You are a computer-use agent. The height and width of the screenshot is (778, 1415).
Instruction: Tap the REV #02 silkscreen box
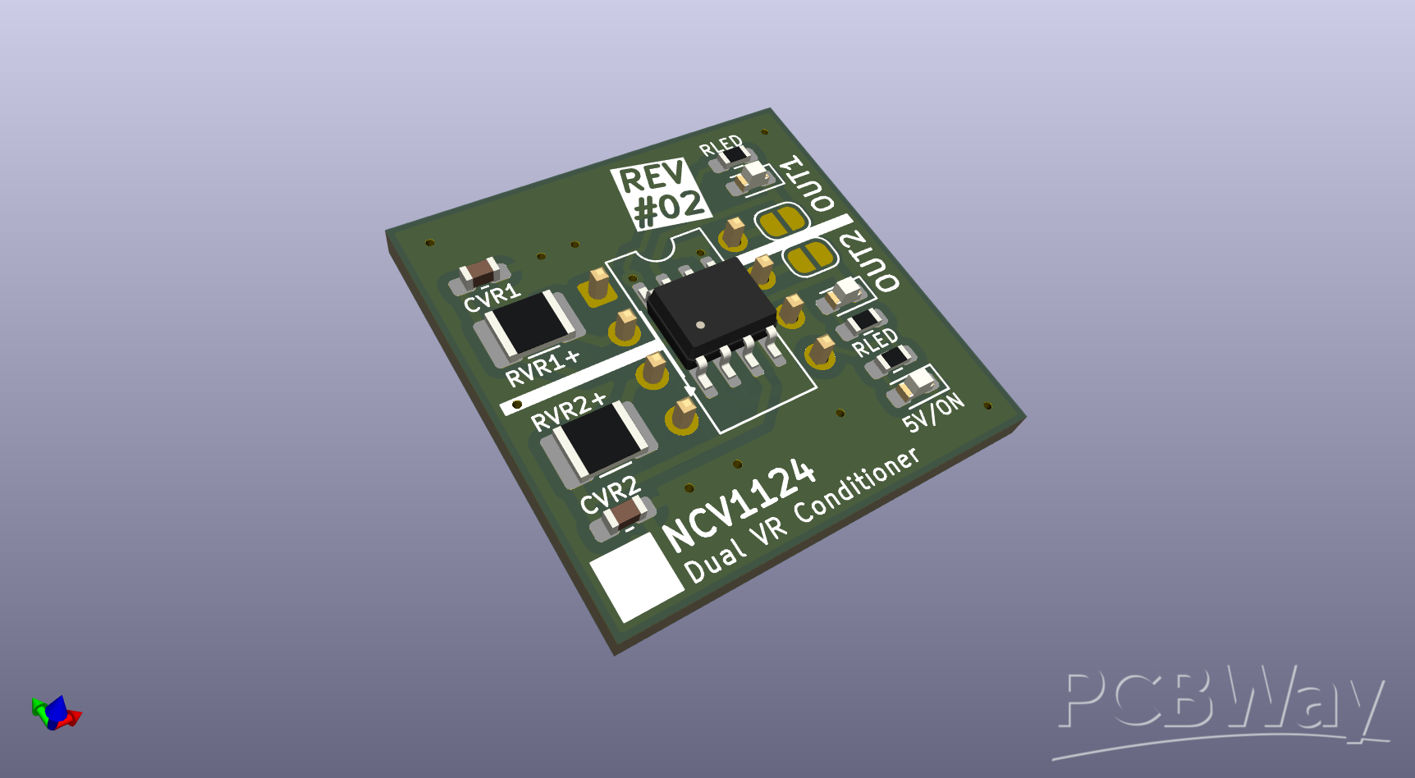click(x=661, y=195)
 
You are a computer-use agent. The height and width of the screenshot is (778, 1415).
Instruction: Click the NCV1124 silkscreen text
click(x=739, y=504)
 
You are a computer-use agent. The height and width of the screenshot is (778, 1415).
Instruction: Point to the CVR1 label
click(x=492, y=298)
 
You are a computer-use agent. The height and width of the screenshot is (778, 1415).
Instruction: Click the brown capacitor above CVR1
click(x=479, y=272)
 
